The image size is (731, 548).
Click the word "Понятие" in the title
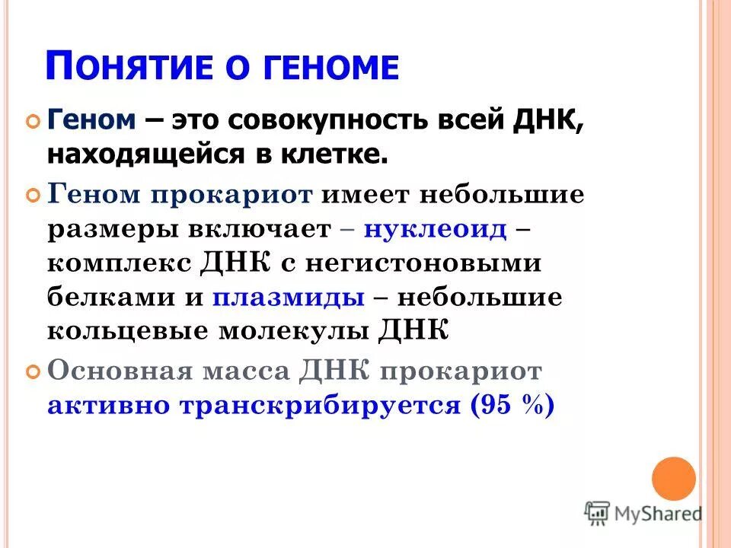tap(126, 67)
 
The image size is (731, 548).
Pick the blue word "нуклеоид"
tap(435, 229)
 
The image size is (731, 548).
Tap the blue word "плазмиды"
tap(289, 297)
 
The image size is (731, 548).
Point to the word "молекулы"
tap(295, 331)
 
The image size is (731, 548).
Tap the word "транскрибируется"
tap(320, 405)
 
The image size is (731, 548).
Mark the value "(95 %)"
tap(512, 405)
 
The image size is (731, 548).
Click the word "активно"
tap(107, 405)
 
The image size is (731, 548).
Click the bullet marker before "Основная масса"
tap(33, 373)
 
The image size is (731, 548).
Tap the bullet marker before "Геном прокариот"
tap(33, 196)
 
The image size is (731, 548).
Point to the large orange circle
tap(674, 479)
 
